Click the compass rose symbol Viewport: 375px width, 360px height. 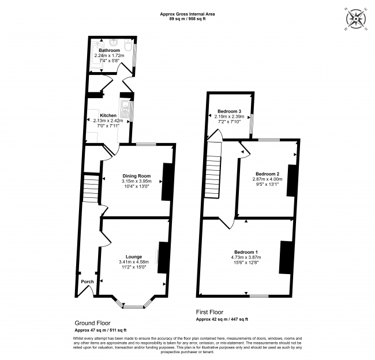[356, 19]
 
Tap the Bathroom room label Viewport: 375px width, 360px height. [109, 50]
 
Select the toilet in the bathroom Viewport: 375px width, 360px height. [129, 45]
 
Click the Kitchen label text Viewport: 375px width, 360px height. [108, 115]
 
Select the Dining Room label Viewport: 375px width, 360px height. [137, 176]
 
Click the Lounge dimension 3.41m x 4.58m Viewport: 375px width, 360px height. [134, 262]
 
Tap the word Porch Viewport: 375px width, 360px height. [87, 282]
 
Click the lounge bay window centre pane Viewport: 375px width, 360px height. [134, 307]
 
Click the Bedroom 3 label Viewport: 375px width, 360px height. [230, 111]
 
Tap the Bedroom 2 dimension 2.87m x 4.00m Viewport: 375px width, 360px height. [267, 179]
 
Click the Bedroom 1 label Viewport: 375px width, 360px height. [246, 252]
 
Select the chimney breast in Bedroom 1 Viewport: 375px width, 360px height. [286, 257]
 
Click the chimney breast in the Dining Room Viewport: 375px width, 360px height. [167, 182]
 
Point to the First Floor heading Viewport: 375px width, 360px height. [209, 312]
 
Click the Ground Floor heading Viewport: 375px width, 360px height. [92, 323]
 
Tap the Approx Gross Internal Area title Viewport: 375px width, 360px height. [187, 14]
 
